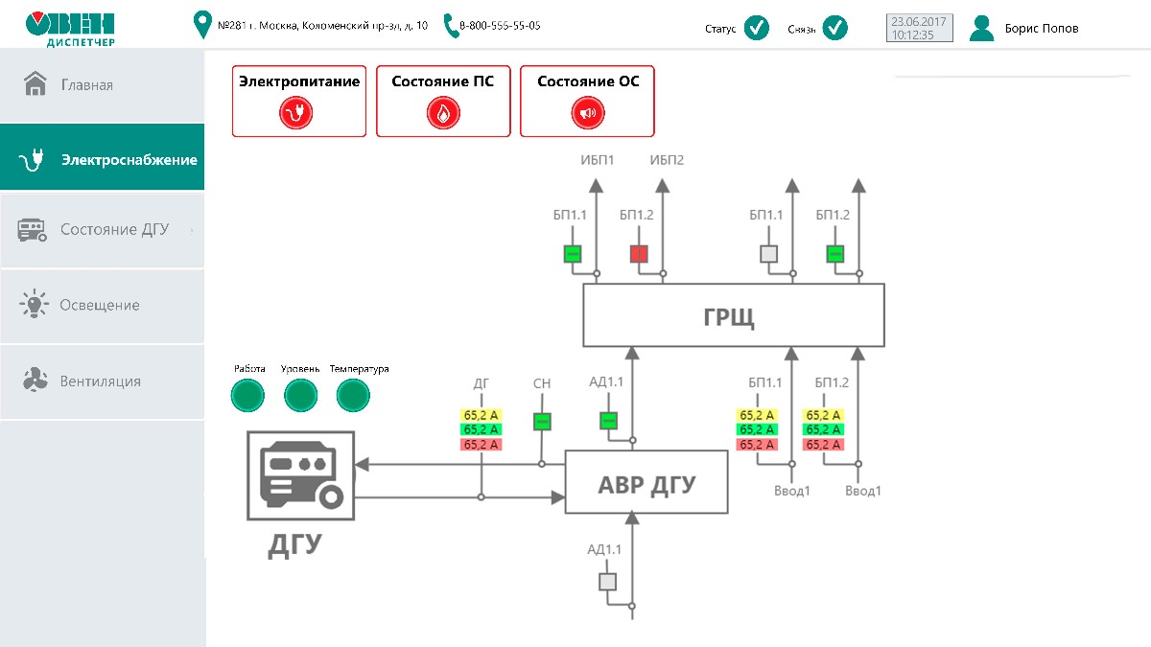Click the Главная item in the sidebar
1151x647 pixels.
(86, 85)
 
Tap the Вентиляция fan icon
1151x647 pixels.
(35, 381)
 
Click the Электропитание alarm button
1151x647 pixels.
(298, 101)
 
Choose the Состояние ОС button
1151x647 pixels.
(587, 101)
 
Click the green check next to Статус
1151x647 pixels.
(757, 28)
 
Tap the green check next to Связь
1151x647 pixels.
(835, 28)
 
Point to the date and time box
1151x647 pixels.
(920, 28)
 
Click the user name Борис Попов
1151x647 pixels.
(1041, 29)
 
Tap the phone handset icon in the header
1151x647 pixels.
(452, 26)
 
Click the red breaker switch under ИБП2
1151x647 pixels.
(639, 254)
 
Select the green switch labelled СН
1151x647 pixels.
(542, 421)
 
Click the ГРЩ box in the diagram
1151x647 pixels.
(734, 315)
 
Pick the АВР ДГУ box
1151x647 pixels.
(646, 482)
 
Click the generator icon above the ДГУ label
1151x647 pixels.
(301, 474)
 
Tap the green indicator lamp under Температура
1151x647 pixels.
(353, 395)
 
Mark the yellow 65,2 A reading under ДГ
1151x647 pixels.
(482, 415)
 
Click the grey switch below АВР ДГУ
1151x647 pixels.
(607, 582)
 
